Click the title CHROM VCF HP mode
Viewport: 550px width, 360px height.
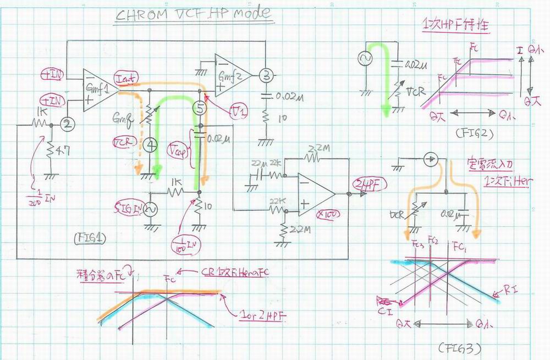tap(193, 15)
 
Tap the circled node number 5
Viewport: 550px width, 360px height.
tap(200, 108)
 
